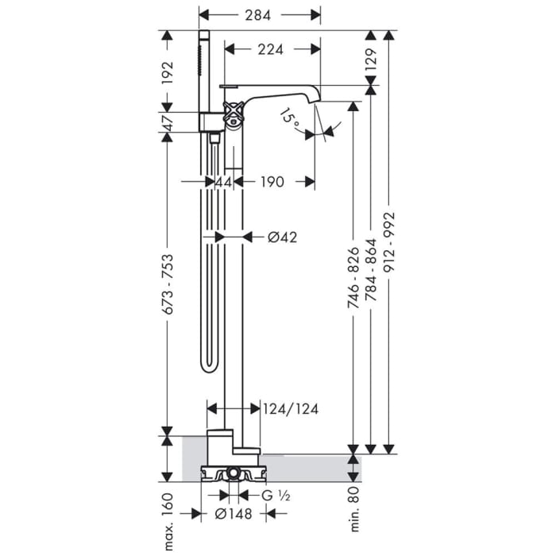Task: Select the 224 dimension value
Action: (271, 49)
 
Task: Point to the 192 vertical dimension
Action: (168, 72)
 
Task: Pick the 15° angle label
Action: (290, 120)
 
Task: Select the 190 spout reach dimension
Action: (271, 182)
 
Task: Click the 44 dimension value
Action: (223, 182)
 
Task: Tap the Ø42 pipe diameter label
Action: (282, 237)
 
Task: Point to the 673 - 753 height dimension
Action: (168, 284)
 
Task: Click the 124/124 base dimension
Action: (292, 409)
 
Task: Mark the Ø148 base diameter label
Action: (234, 514)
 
